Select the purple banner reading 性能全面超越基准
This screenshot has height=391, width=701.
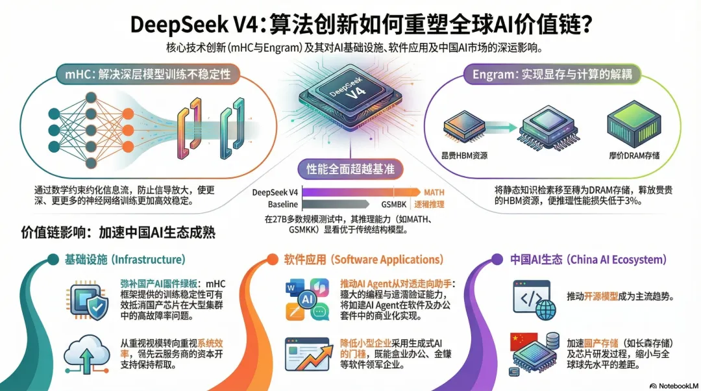[x=350, y=170]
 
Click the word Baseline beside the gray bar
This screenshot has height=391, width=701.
[x=282, y=204]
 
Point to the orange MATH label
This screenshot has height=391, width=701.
[x=434, y=192]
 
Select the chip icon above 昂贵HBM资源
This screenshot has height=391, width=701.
[x=463, y=128]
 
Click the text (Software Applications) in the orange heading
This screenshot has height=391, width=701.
[x=388, y=260]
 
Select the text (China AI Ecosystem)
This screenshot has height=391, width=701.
[x=617, y=260]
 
